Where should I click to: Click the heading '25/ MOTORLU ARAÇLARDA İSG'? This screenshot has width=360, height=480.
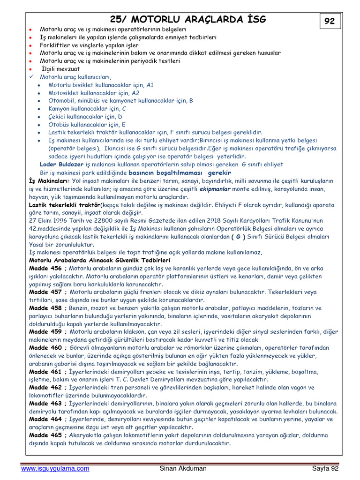(187, 19)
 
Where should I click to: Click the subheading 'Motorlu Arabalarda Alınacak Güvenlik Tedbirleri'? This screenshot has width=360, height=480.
(100, 260)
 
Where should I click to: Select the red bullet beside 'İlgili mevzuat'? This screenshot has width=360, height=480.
(30, 68)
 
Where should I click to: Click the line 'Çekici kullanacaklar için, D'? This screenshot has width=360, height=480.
(85, 117)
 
